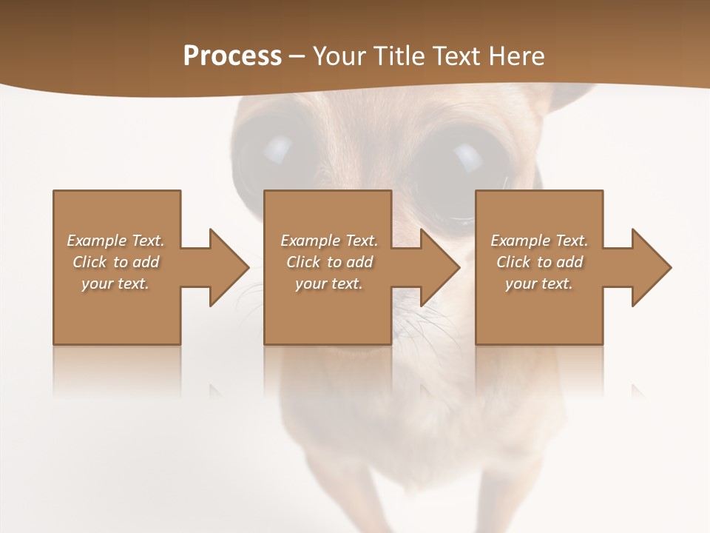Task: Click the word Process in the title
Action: [x=232, y=56]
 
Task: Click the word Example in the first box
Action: [x=96, y=241]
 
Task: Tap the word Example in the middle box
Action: [x=310, y=241]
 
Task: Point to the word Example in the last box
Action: [x=520, y=241]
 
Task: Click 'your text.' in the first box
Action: [x=115, y=284]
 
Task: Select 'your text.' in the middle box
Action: [x=329, y=284]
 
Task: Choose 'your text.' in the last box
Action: [x=539, y=284]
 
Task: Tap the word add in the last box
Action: [x=567, y=262]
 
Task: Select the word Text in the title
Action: [x=455, y=56]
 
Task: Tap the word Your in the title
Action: [x=337, y=56]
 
